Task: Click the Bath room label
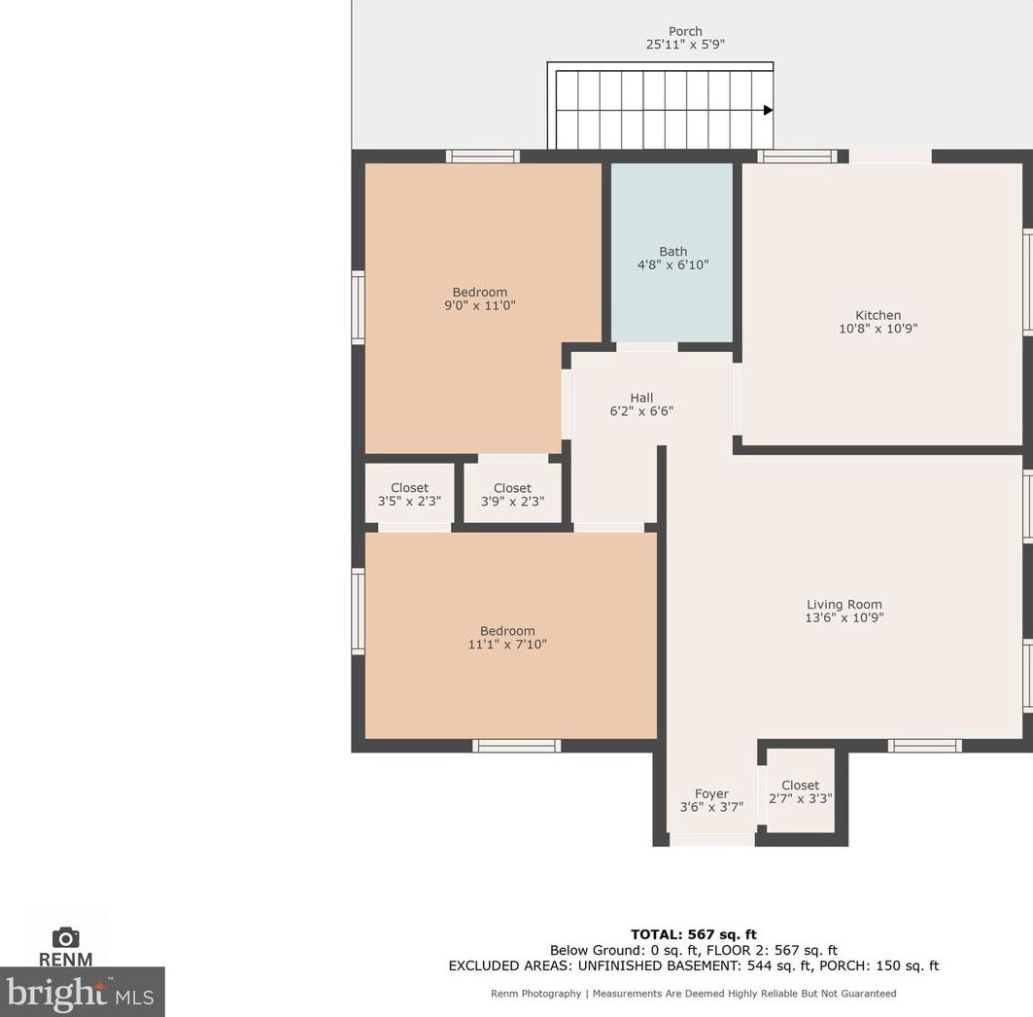point(672,251)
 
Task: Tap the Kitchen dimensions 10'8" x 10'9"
point(878,329)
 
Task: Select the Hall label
point(641,398)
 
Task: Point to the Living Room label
point(844,605)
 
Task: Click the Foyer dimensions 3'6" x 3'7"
point(711,807)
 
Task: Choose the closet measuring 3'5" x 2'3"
point(409,494)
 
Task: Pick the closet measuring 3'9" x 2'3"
point(512,494)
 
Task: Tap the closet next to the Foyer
point(801,790)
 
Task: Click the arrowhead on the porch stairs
point(768,110)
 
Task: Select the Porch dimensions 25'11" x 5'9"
point(685,44)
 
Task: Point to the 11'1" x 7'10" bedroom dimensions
point(507,644)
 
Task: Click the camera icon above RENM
point(65,936)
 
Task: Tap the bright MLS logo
point(82,992)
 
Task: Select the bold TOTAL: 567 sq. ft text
point(694,934)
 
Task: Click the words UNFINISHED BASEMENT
point(661,965)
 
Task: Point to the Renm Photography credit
point(536,994)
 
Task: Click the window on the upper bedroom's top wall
point(483,157)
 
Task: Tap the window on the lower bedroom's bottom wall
point(517,746)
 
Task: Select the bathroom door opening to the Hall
point(647,347)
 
